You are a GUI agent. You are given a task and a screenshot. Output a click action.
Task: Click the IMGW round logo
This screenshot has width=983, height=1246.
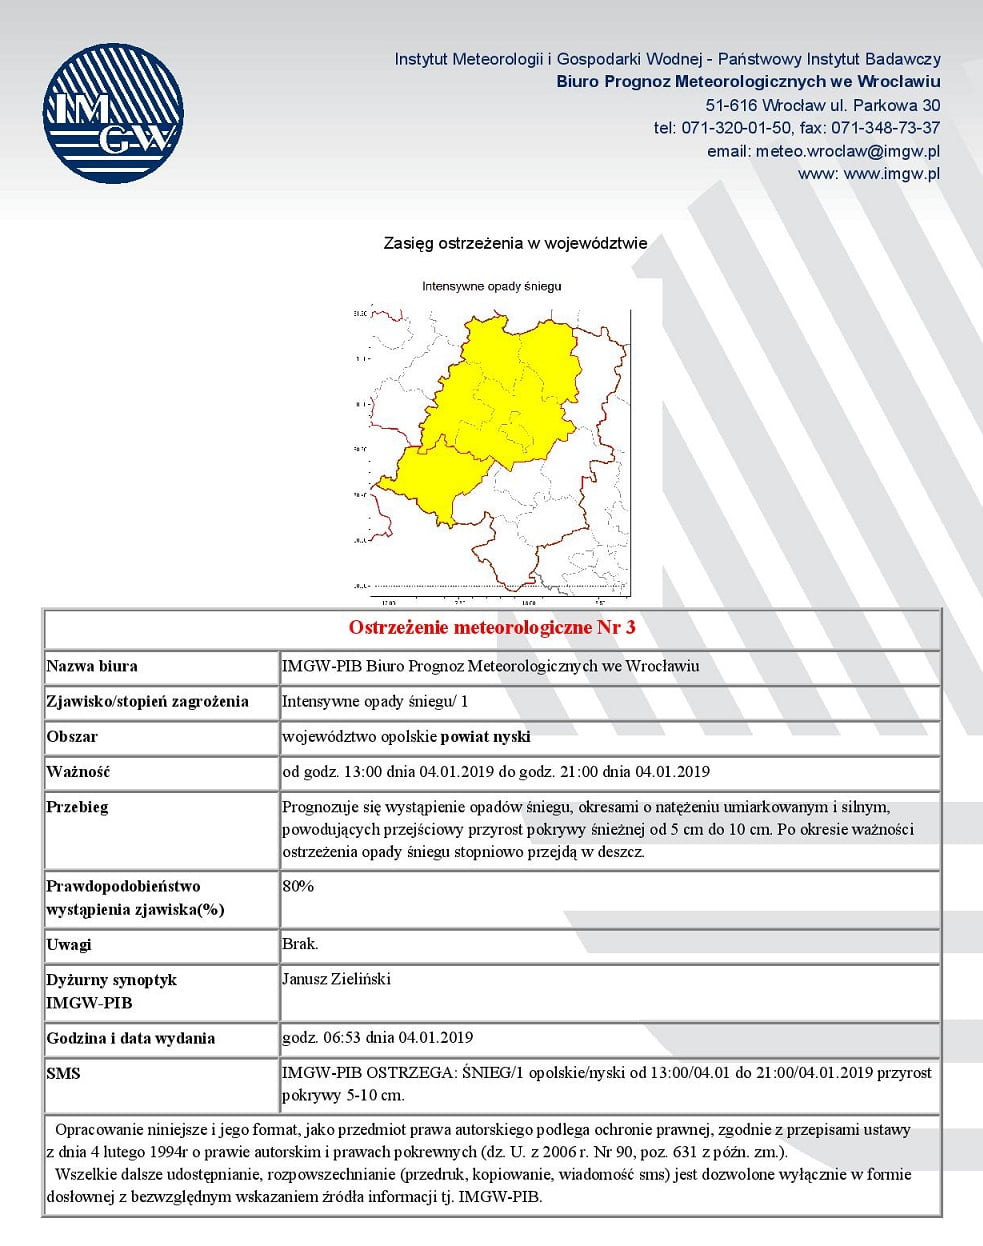[x=113, y=113]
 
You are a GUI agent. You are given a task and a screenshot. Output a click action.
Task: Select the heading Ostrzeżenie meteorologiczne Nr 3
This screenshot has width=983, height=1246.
[x=491, y=628]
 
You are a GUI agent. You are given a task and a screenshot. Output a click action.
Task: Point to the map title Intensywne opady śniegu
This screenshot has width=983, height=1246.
[x=491, y=286]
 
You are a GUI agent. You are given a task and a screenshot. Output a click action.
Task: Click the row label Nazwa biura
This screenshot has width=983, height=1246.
[x=92, y=666]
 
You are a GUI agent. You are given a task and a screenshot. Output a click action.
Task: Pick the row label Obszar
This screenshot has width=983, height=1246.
[x=72, y=737]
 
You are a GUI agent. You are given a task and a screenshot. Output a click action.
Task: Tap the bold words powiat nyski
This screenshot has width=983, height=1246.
[x=485, y=737]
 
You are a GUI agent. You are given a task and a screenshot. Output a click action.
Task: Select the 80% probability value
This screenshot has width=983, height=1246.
[x=298, y=886]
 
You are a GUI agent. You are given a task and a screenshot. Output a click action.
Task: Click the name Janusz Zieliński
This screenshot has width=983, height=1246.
[x=336, y=979]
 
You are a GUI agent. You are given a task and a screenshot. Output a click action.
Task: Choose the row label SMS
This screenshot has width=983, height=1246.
[x=63, y=1074]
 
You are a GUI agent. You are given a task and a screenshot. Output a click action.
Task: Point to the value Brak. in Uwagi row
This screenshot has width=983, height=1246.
[x=300, y=944]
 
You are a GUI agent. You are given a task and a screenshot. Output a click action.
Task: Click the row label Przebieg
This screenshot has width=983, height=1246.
[x=77, y=807]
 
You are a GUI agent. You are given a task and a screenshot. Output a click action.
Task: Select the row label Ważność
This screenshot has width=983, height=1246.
[x=78, y=772]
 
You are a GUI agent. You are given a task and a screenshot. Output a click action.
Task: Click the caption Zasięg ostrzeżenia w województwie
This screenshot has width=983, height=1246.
[x=515, y=243]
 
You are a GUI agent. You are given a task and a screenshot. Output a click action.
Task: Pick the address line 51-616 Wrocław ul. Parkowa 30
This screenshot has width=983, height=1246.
[x=822, y=105]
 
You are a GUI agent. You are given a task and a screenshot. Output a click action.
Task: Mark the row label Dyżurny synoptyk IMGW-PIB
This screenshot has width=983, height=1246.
[x=111, y=991]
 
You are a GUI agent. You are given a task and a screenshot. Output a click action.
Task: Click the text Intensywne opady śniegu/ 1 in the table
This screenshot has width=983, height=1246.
[x=375, y=701]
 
